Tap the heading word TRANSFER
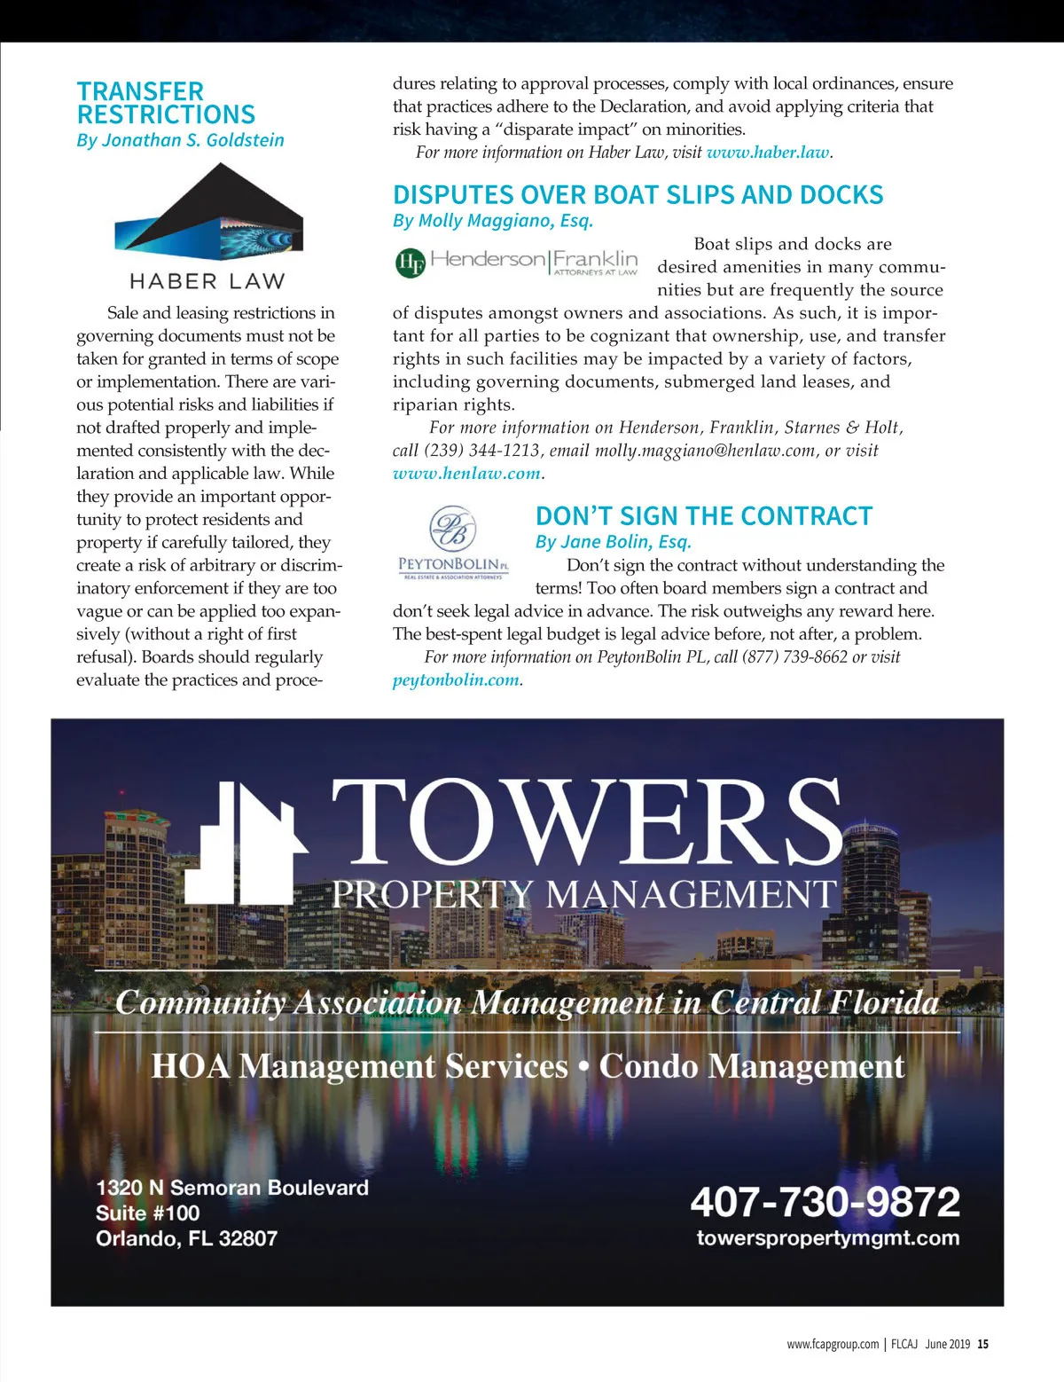pyautogui.click(x=140, y=91)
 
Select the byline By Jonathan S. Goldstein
pyautogui.click(x=180, y=140)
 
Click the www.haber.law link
pyautogui.click(x=768, y=153)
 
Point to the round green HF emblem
pyautogui.click(x=410, y=263)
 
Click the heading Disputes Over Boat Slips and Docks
pyautogui.click(x=638, y=195)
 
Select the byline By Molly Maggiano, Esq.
pyautogui.click(x=493, y=221)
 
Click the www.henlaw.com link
pyautogui.click(x=466, y=474)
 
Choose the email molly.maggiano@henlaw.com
pyautogui.click(x=704, y=451)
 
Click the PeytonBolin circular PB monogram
pyautogui.click(x=453, y=529)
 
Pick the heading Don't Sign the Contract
pyautogui.click(x=704, y=516)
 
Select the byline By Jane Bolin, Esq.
pyautogui.click(x=613, y=542)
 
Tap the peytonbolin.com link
pyautogui.click(x=456, y=680)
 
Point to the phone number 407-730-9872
pyautogui.click(x=825, y=1202)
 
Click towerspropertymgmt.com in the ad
pyautogui.click(x=827, y=1238)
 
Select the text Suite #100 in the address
pyautogui.click(x=147, y=1213)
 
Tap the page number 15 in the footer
pyautogui.click(x=983, y=1344)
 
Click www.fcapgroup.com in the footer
pyautogui.click(x=833, y=1344)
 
